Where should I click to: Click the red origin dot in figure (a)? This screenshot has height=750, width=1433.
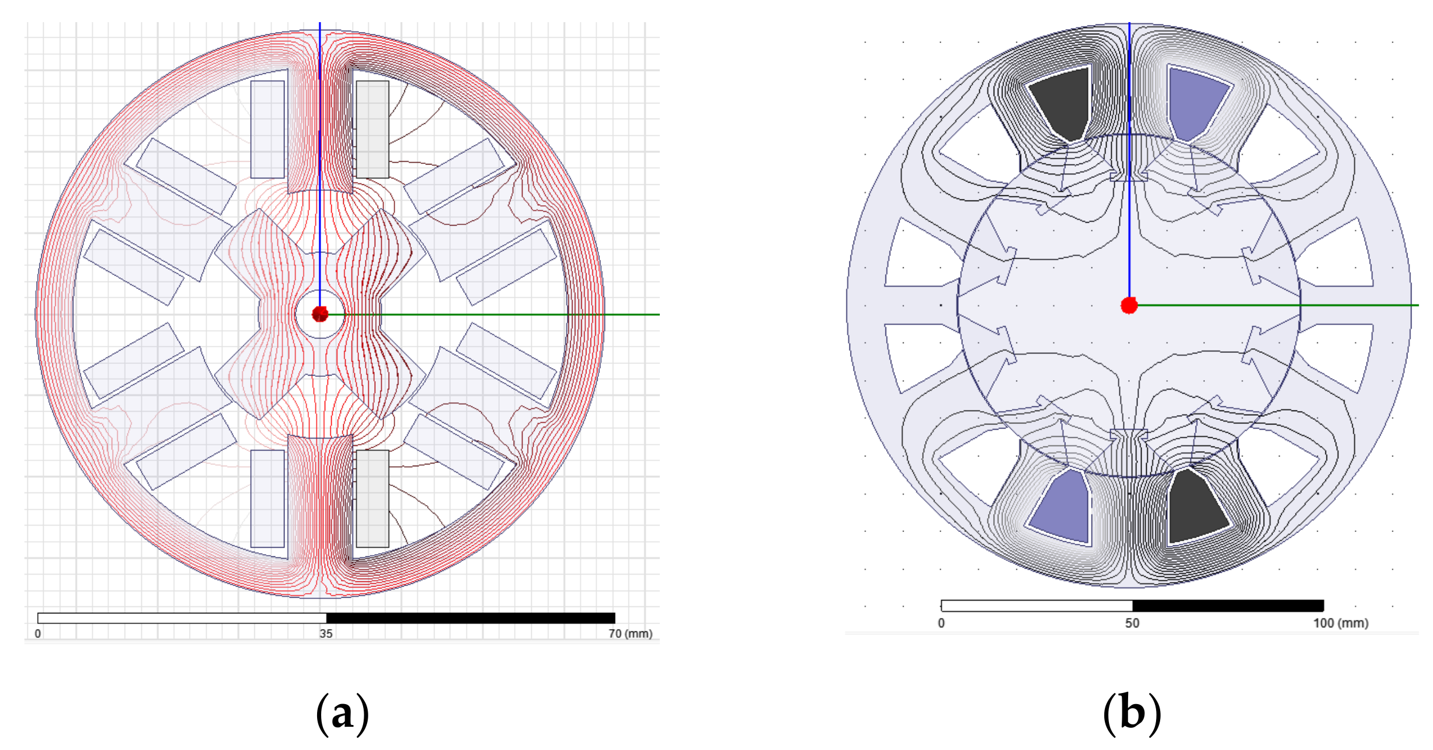click(320, 315)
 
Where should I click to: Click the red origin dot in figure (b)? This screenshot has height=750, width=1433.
click(1129, 305)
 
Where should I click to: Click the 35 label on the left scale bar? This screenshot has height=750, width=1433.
click(326, 634)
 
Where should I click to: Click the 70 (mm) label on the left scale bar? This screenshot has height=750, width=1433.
click(631, 634)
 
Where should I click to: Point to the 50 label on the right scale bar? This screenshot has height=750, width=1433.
click(1132, 623)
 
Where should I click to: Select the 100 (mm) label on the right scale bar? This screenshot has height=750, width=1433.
click(1340, 623)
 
